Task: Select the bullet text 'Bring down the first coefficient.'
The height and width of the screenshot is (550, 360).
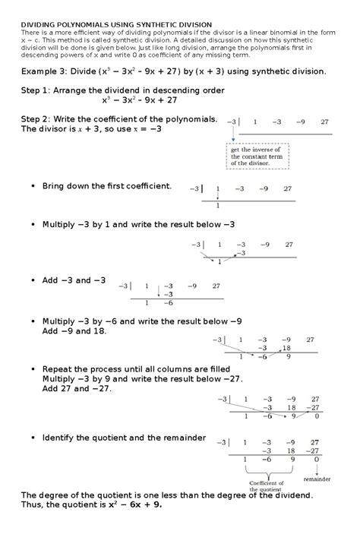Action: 107,185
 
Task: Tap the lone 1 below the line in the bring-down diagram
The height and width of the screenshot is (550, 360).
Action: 218,205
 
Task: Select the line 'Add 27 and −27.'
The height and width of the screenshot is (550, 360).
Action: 77,388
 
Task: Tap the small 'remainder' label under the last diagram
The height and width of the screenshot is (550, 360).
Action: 317,480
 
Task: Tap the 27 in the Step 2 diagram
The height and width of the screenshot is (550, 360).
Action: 324,122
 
